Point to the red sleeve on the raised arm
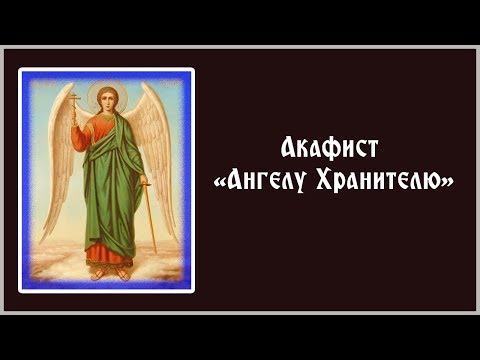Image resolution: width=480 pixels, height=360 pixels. pos(86,140)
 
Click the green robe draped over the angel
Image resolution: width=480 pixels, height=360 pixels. pos(110,190)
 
